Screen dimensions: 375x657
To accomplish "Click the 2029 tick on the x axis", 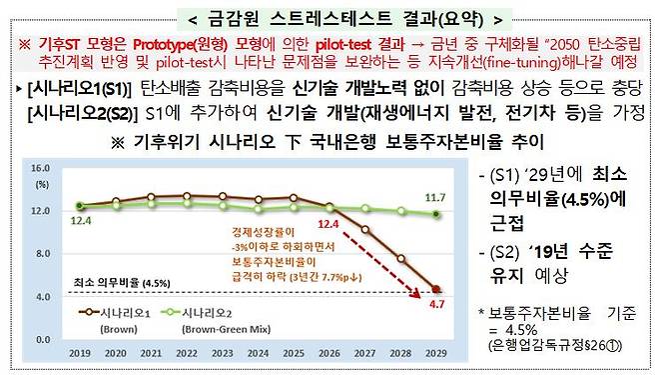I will pyautogui.click(x=433, y=353).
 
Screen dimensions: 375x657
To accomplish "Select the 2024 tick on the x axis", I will pyautogui.click(x=256, y=353).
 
